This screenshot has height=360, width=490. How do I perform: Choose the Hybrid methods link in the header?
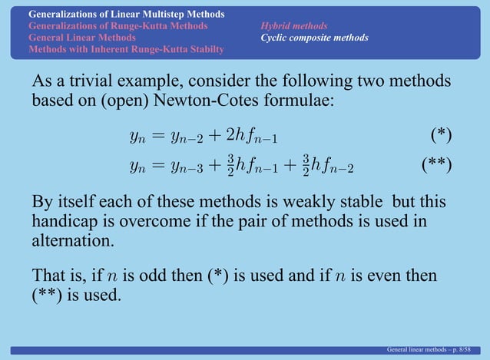(293, 26)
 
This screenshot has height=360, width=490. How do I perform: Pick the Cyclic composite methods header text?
(314, 38)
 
